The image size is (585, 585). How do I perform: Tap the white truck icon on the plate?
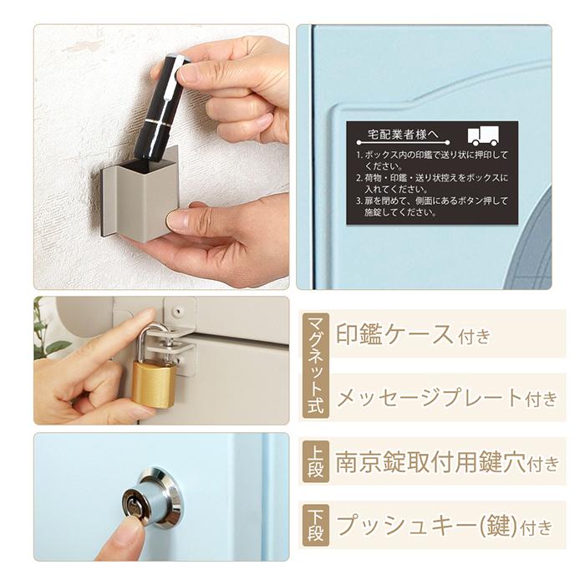pos(483,136)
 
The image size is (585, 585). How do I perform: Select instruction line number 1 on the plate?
pos(430,160)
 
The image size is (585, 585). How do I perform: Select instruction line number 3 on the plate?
pos(430,206)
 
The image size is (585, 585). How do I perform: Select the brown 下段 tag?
pos(315,525)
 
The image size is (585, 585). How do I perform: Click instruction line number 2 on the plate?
pos(430,183)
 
